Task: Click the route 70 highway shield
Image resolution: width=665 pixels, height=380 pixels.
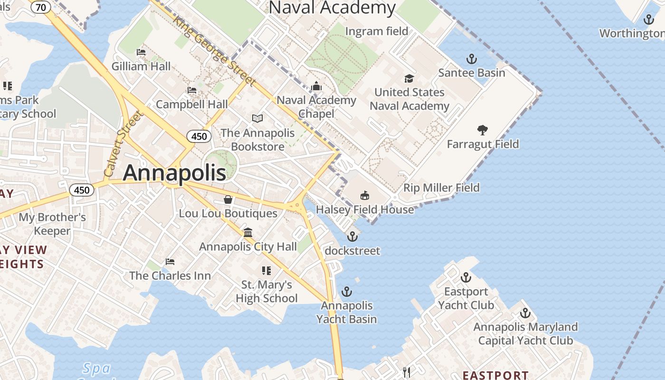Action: pyautogui.click(x=41, y=7)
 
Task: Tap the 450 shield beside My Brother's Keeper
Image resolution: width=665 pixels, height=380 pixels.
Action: pyautogui.click(x=82, y=190)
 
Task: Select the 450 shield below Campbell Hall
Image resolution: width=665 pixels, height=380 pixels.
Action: pyautogui.click(x=199, y=137)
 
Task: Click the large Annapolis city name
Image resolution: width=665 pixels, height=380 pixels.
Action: pyautogui.click(x=174, y=173)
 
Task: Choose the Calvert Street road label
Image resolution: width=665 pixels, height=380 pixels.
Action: pyautogui.click(x=123, y=143)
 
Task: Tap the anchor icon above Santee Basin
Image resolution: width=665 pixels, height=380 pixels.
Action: pyautogui.click(x=471, y=59)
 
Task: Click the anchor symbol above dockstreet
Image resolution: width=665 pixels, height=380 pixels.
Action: pyautogui.click(x=352, y=236)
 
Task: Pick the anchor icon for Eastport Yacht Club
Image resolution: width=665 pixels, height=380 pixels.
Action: pyautogui.click(x=466, y=277)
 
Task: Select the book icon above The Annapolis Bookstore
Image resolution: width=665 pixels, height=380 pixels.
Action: pyautogui.click(x=257, y=118)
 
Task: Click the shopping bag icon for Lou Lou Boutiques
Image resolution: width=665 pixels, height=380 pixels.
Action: pyautogui.click(x=228, y=199)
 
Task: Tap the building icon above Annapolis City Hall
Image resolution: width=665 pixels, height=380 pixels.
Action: pyautogui.click(x=247, y=232)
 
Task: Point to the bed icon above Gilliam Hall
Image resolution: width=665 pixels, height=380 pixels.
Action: pyautogui.click(x=141, y=52)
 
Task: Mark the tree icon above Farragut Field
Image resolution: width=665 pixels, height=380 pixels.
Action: pyautogui.click(x=483, y=130)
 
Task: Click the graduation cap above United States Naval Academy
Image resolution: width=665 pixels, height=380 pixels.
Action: pyautogui.click(x=409, y=78)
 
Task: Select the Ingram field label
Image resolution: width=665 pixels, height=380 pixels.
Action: pyautogui.click(x=377, y=31)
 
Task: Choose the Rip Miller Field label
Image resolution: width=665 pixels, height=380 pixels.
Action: pyautogui.click(x=441, y=188)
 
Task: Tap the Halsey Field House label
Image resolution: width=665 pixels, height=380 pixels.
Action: pyautogui.click(x=365, y=209)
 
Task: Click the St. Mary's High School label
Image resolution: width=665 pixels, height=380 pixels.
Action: pyautogui.click(x=266, y=291)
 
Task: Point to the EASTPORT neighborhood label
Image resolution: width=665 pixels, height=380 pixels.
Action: pyautogui.click(x=495, y=375)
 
